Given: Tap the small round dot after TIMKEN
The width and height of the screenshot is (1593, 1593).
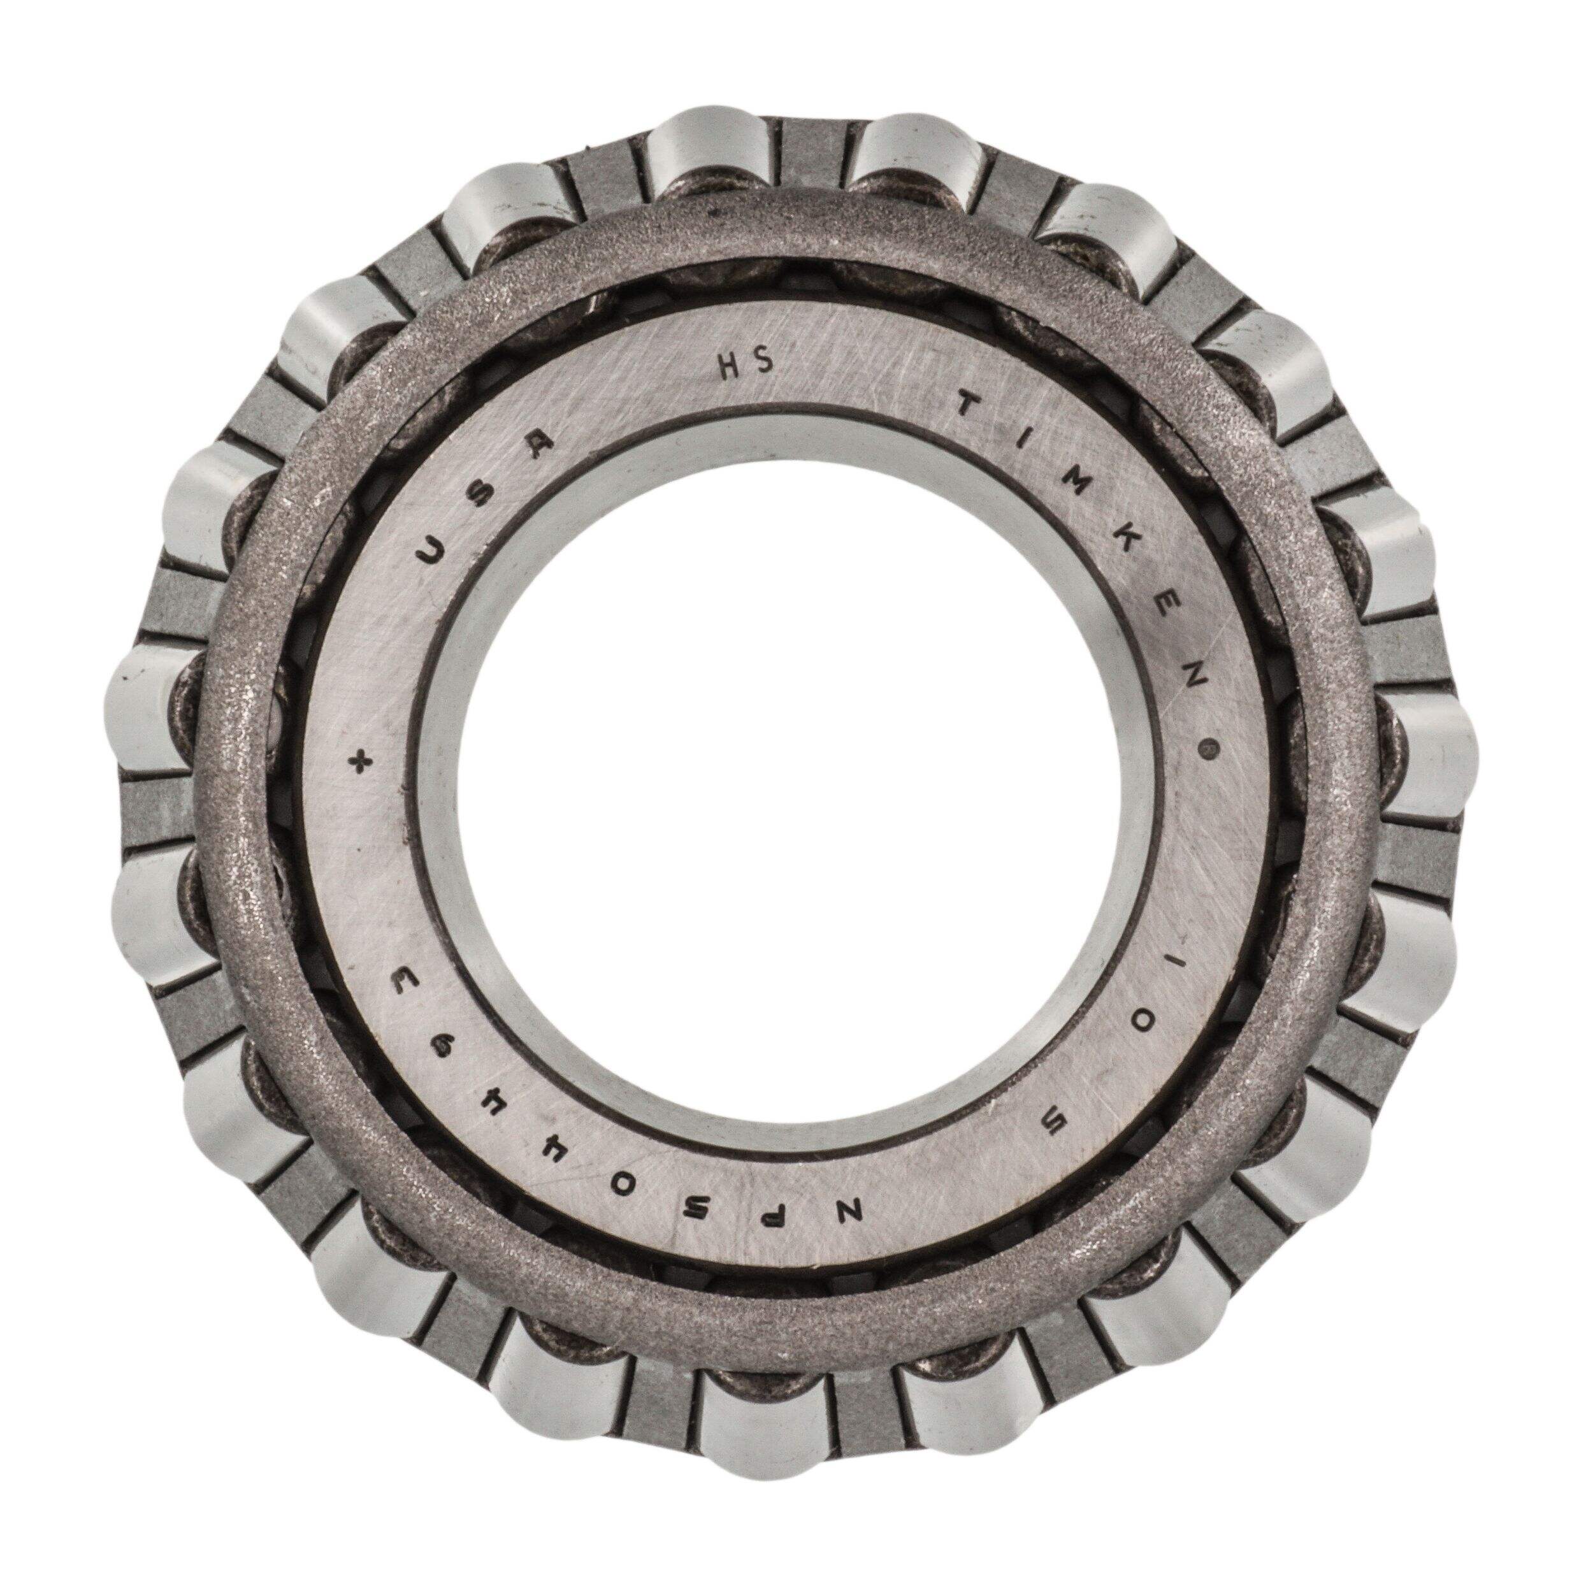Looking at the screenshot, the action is pos(1211,751).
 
